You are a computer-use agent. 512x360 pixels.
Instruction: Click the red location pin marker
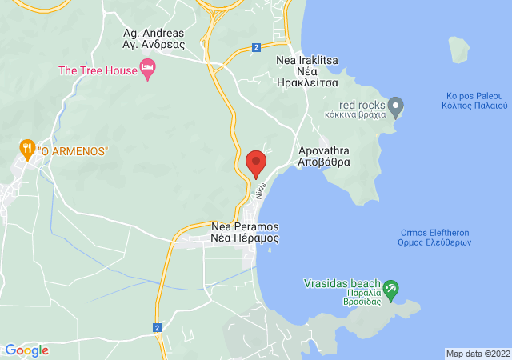coord(256,163)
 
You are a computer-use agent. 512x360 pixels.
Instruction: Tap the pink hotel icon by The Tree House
coord(148,70)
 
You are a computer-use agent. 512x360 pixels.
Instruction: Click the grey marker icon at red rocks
coord(396,105)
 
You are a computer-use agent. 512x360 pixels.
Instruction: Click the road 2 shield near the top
coord(255,48)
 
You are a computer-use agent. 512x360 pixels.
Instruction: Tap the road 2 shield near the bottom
coord(158,327)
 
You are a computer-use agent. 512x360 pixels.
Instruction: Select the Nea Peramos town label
coord(245,232)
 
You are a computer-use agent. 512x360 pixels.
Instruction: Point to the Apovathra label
coord(324,155)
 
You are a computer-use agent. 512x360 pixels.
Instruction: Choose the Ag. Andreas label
coord(153,38)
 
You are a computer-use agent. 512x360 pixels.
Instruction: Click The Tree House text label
coord(98,70)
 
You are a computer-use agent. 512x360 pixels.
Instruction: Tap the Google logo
coord(26,350)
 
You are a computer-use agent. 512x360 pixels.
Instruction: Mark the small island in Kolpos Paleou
coord(458,49)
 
